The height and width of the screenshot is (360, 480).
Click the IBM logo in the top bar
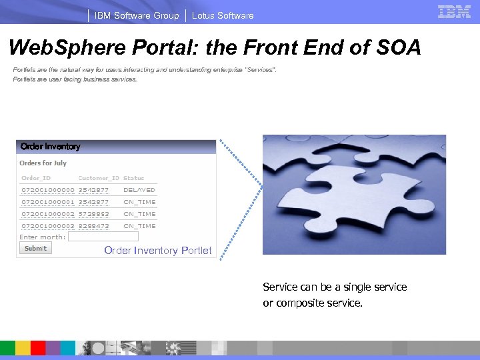[454, 11]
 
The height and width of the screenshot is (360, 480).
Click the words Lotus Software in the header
[223, 15]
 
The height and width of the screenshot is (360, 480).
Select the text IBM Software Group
[137, 15]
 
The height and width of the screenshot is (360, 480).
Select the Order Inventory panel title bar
[116, 147]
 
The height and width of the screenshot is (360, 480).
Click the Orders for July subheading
[43, 163]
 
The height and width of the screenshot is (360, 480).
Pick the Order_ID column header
[36, 178]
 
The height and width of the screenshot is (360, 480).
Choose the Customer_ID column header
[99, 178]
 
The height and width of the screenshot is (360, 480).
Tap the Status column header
[134, 178]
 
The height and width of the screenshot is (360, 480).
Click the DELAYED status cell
[139, 190]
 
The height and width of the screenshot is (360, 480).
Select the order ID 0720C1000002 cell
[48, 214]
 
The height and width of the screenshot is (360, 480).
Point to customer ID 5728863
[94, 214]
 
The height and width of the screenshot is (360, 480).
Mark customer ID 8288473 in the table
[94, 226]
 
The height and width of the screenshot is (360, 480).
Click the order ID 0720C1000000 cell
[48, 190]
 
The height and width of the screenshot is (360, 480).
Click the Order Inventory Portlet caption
[158, 251]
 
